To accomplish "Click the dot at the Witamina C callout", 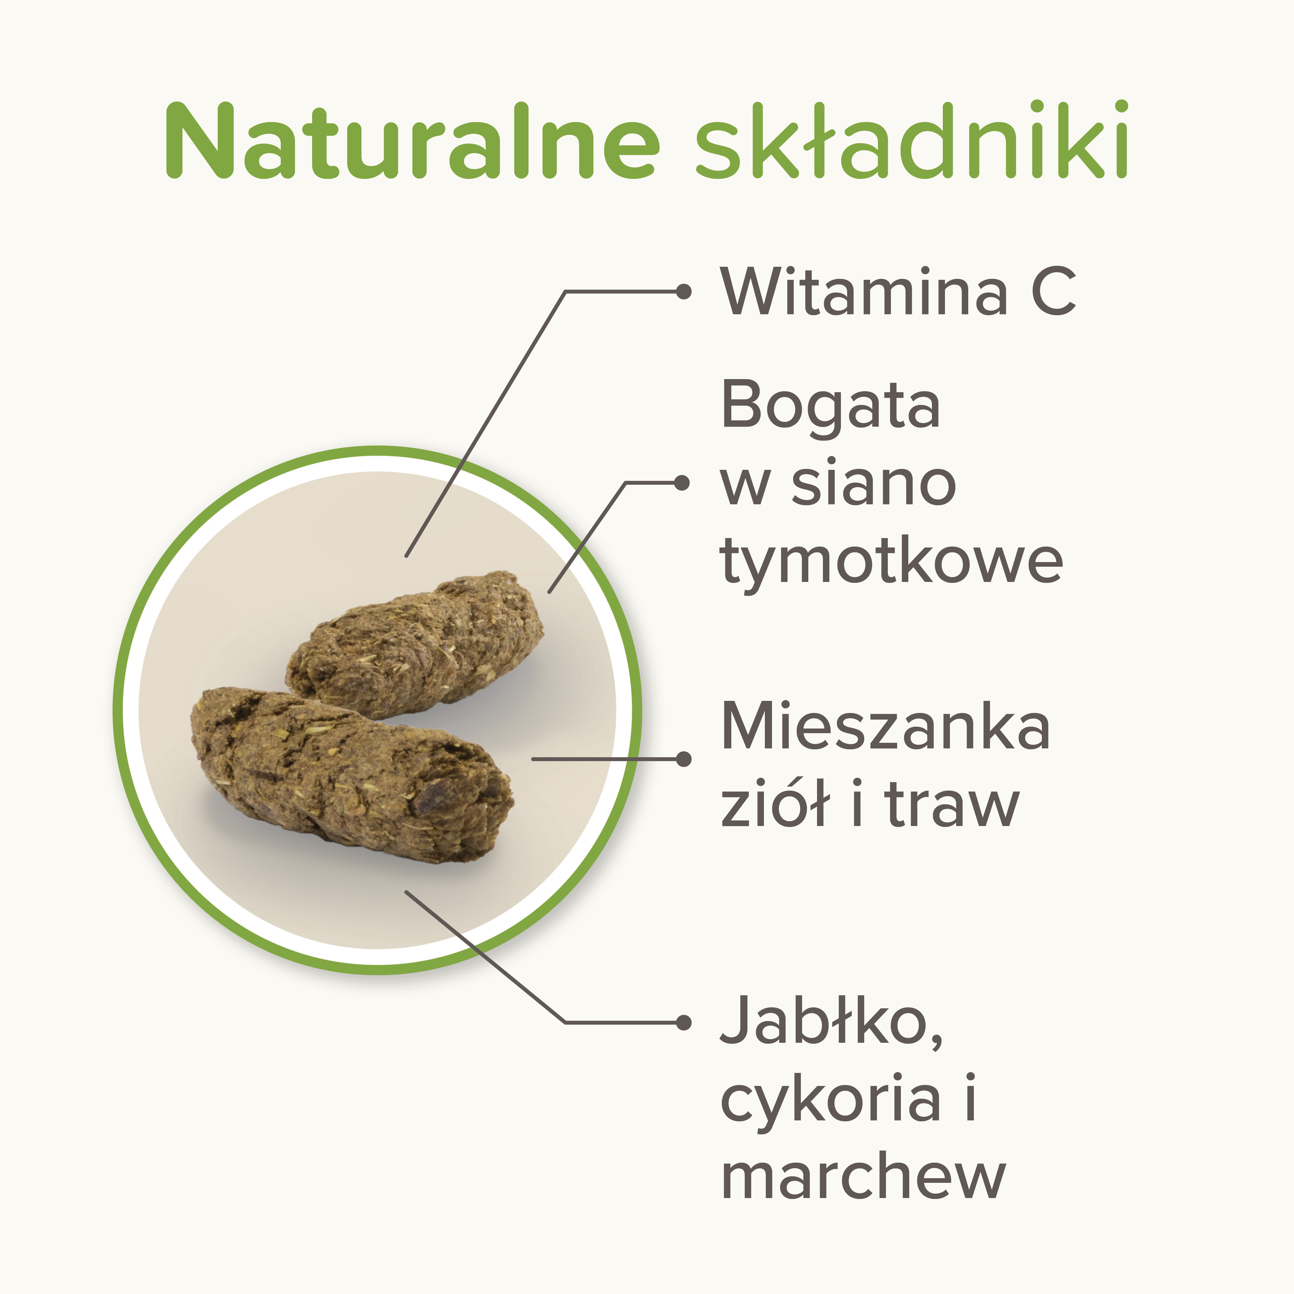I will pos(683,291).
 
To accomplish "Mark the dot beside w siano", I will pos(682,483).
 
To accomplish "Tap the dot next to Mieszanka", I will pos(683,759).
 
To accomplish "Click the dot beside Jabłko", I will pos(683,1023).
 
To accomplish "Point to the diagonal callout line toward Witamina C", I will pos(486,423).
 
